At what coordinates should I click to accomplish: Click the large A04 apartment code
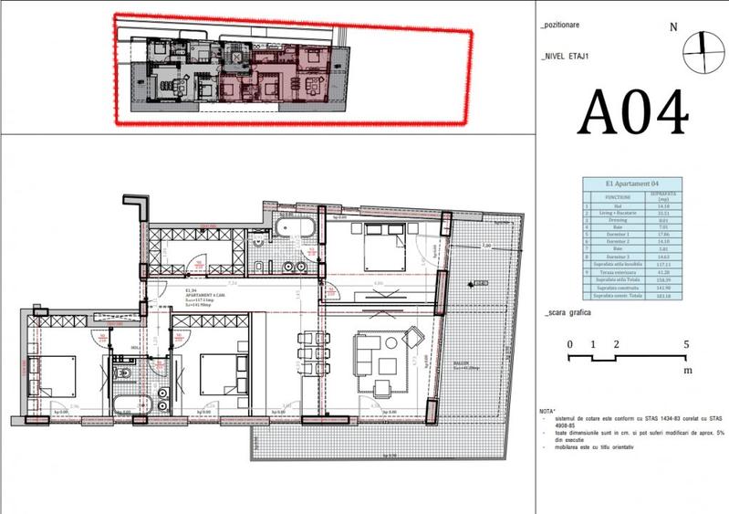tap(633, 114)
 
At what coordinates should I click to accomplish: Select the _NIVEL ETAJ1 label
tap(568, 56)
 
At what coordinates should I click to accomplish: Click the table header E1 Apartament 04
tap(632, 184)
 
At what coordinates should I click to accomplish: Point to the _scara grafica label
tap(567, 312)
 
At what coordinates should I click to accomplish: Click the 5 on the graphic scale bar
tap(687, 344)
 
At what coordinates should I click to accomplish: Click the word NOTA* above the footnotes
tap(548, 410)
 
